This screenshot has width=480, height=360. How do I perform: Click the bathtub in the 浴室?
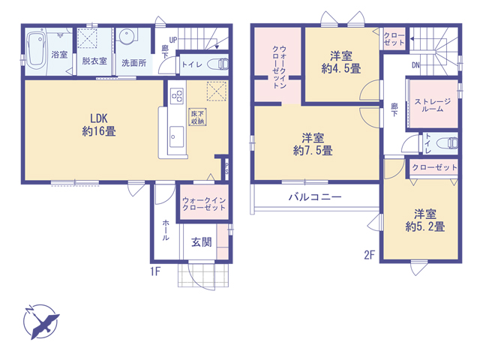37,50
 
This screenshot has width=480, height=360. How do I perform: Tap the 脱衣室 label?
94,61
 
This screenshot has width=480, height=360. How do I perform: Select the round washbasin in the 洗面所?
126,37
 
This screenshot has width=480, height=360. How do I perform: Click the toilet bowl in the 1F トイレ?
218,64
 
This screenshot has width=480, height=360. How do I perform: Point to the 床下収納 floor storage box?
197,117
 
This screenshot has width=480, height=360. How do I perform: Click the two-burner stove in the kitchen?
177,96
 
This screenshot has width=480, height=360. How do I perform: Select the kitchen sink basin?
177,136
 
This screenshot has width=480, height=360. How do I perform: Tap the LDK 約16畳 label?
98,124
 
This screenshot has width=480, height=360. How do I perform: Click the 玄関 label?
202,242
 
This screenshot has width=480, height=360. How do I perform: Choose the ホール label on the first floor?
165,229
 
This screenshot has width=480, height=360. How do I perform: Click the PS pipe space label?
226,169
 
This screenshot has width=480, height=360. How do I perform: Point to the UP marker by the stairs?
173,40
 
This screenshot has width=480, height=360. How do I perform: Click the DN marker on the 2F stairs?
415,65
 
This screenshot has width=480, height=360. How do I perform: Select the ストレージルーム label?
432,105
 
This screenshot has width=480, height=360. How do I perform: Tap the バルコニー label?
315,196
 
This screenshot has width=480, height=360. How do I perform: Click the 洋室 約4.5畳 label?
341,62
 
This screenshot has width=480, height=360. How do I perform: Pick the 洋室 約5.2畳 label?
425,220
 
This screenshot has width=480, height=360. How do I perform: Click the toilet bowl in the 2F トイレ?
448,143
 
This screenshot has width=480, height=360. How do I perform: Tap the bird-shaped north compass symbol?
41,322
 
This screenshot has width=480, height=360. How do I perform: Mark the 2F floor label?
370,255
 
